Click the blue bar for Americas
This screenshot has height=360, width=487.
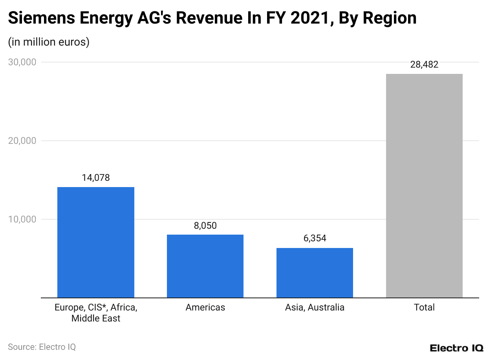205,266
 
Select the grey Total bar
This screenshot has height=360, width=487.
424,186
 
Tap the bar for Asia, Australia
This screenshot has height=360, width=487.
315,273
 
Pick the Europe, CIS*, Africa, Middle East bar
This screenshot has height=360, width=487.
96,242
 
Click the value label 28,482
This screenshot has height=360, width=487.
424,65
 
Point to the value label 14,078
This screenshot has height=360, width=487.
96,178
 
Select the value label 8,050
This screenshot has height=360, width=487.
205,226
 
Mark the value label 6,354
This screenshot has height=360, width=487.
315,239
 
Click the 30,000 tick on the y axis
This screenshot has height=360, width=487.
22,62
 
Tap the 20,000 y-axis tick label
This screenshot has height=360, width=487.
22,141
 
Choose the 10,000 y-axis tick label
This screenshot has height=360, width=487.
22,219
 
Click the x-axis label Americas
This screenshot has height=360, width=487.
205,307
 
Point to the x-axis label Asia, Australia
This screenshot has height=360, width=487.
315,307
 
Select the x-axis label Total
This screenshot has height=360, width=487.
424,307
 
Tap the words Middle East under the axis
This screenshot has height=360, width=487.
96,318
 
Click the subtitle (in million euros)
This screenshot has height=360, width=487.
49,42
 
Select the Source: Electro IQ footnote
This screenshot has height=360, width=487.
42,347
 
